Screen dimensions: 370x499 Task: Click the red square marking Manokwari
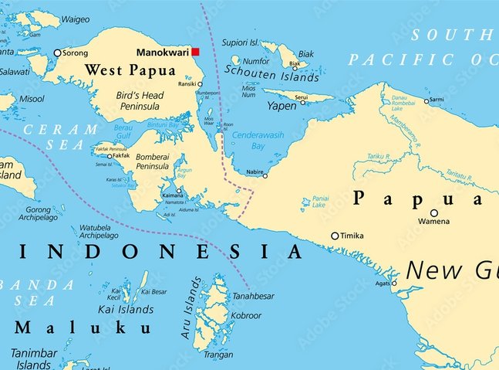coord(195,52)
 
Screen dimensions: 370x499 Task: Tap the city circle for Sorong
coord(57,53)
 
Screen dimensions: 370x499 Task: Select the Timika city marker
coord(335,236)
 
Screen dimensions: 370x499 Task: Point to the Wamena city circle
coord(434,213)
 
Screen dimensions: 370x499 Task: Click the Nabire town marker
coord(265,175)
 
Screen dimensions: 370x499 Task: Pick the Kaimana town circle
coord(179,191)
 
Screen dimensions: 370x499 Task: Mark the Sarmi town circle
coord(426,100)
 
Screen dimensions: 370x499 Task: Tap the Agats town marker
coord(394,283)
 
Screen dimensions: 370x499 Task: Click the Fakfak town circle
coord(109,156)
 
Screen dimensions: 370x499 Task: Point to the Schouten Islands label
coord(271,77)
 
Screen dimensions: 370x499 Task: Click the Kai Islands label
coord(125,309)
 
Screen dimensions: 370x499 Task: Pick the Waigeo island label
coord(75,19)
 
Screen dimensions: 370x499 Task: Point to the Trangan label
coord(217,355)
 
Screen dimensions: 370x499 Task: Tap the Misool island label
coord(32,99)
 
